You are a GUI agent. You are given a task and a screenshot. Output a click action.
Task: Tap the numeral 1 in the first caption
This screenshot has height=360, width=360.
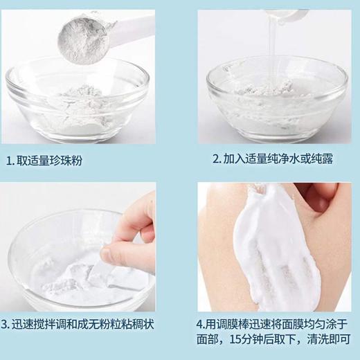[x=9, y=161]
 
